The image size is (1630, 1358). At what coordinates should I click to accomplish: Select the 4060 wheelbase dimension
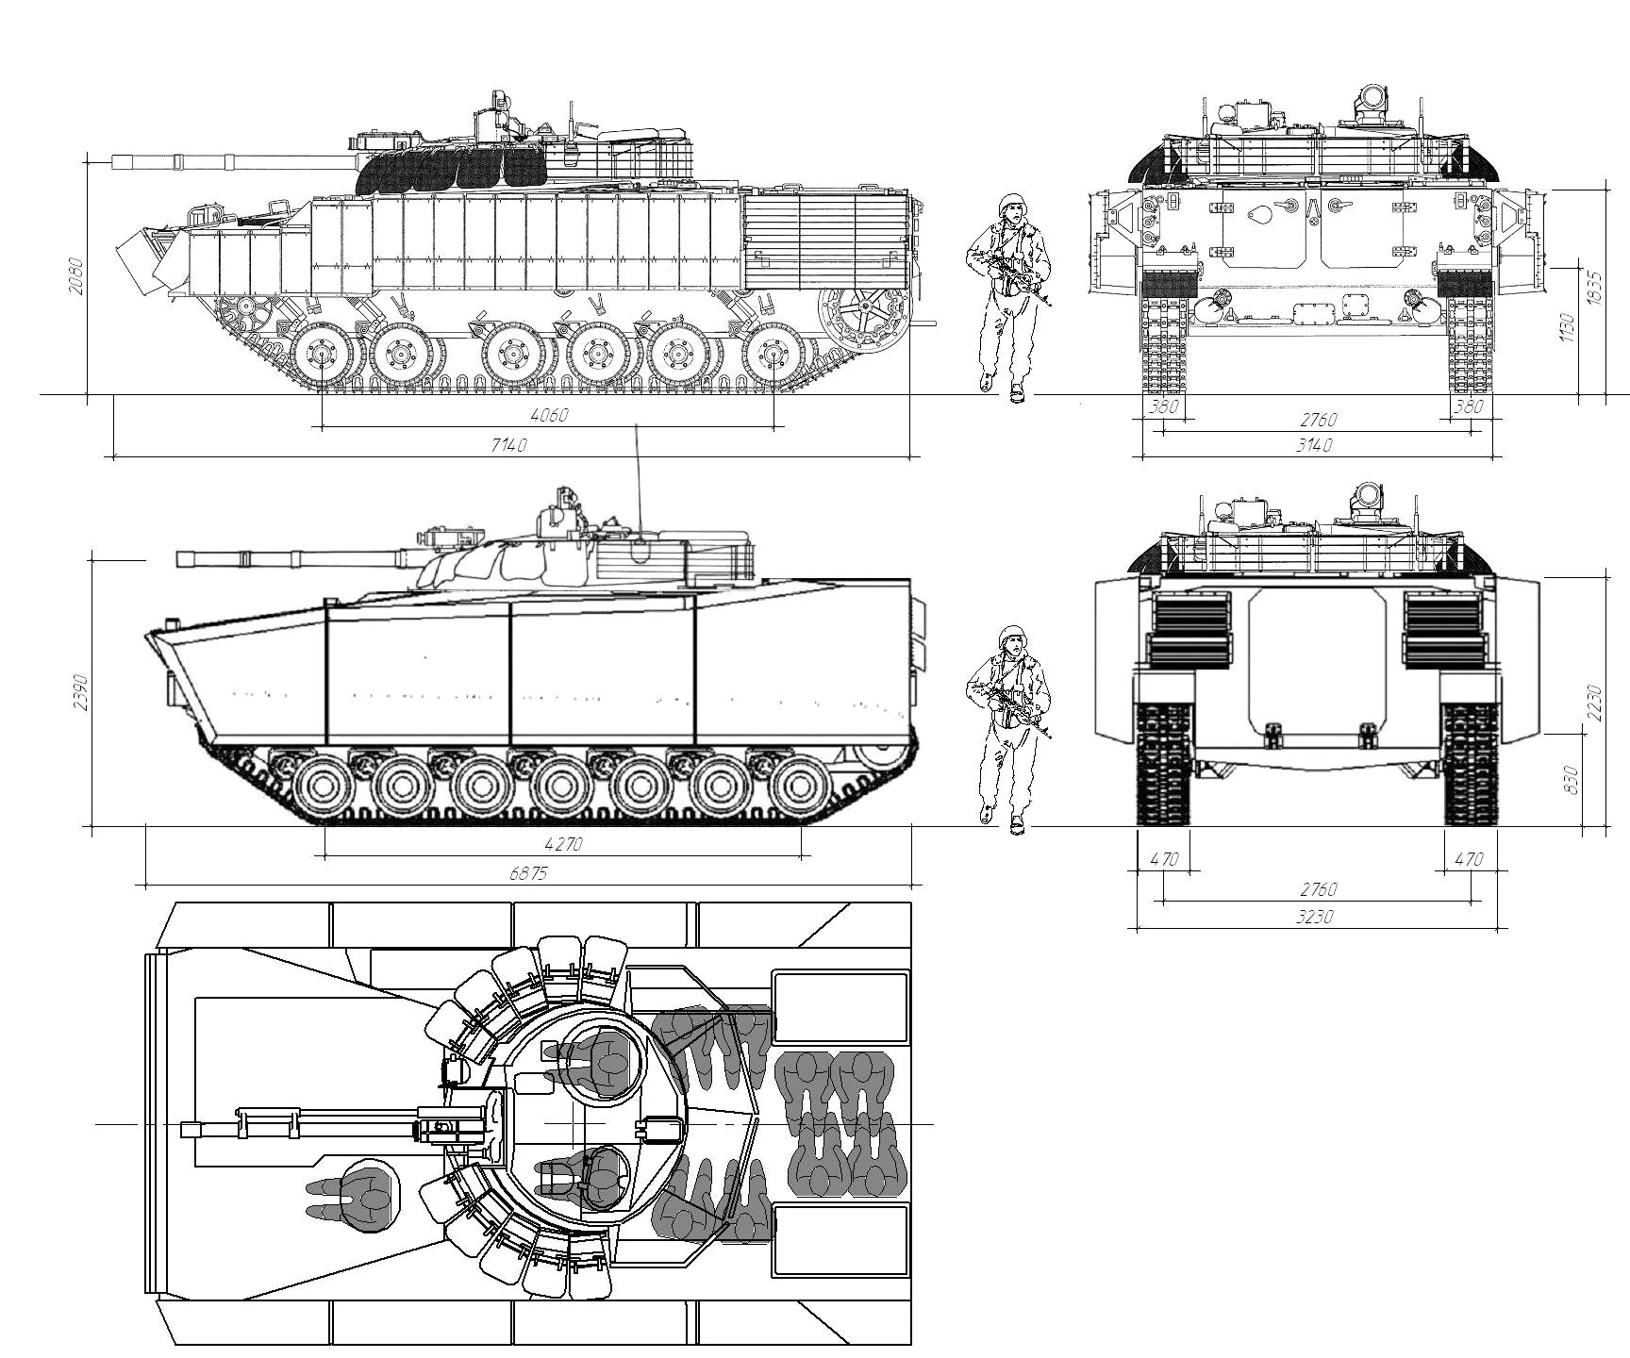550,415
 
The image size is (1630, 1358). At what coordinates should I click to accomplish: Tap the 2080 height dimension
76,276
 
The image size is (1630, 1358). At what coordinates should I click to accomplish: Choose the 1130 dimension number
1568,328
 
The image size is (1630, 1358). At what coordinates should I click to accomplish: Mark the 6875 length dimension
528,873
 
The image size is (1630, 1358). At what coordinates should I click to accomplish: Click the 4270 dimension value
563,844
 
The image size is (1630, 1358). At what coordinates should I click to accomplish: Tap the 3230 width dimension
1315,917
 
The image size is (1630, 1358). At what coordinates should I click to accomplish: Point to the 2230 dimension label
1595,703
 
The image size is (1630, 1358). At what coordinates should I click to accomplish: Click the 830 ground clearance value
1571,779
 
